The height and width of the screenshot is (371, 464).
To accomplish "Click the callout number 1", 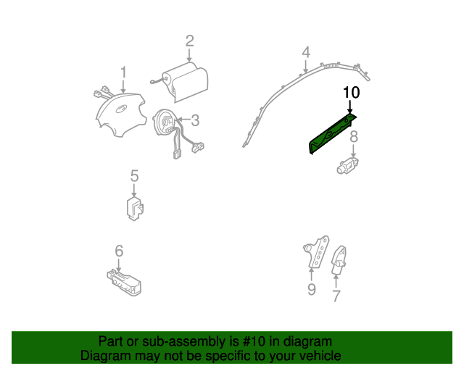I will coord(123,72).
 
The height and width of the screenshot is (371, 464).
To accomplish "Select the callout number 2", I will coord(189,41).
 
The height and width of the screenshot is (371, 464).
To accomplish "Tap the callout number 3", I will coord(195,120).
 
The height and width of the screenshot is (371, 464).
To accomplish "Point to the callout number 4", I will coord(306,52).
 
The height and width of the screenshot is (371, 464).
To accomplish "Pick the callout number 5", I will coord(134,176).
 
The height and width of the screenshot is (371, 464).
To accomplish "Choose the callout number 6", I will coord(119,251).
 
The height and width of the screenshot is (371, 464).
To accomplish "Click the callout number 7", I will coord(336,295).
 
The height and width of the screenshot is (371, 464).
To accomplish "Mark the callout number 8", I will coord(354,137).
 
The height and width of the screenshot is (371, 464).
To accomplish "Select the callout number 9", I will coord(311,290).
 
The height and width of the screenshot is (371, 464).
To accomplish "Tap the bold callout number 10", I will coord(351,93).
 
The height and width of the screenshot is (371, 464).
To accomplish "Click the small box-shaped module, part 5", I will coord(134,208).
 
